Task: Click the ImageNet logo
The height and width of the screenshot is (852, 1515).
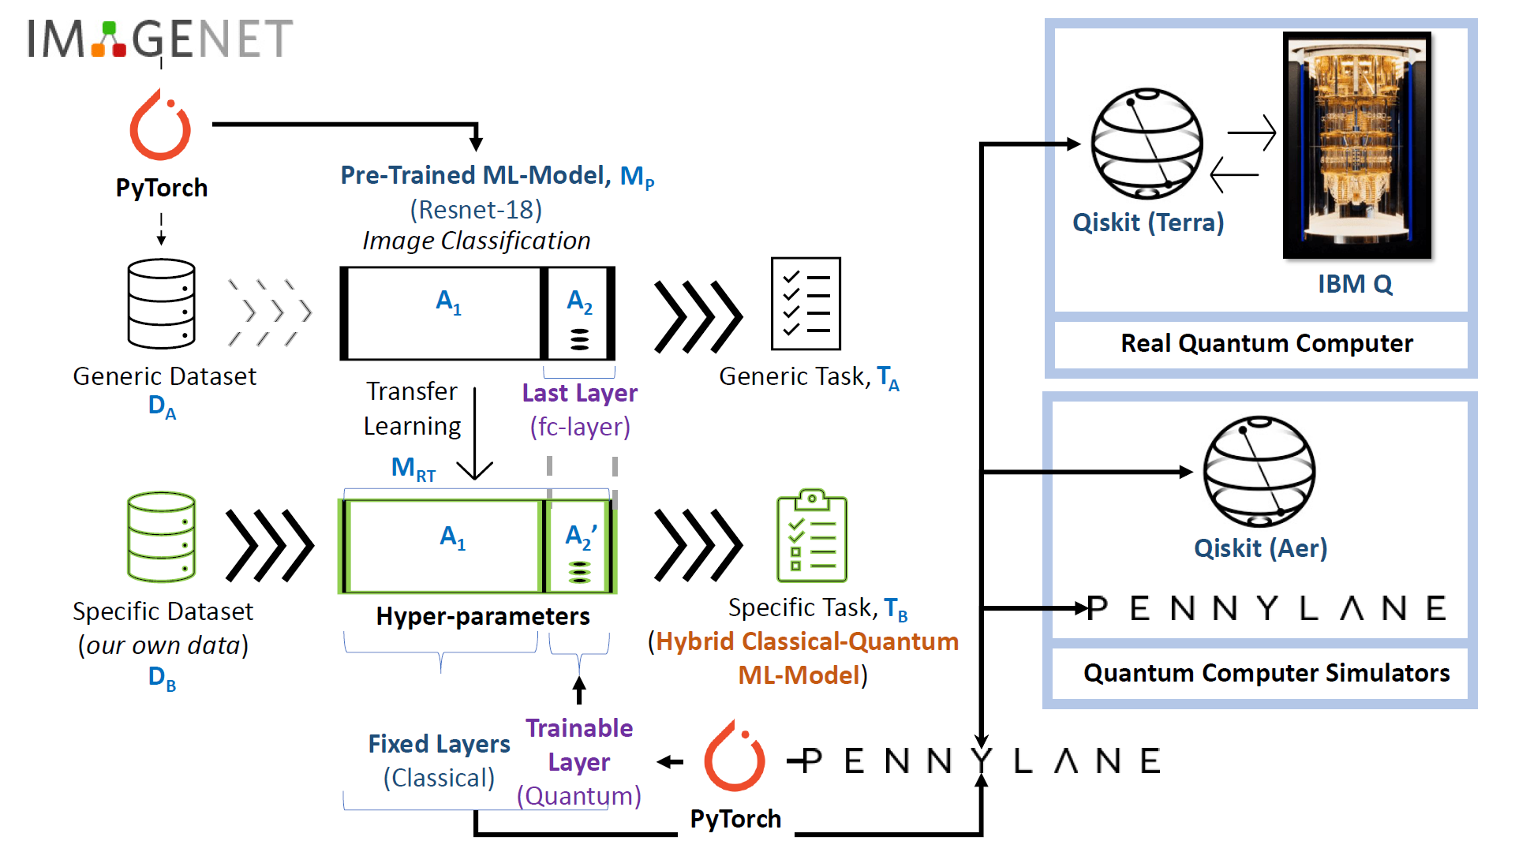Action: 160,39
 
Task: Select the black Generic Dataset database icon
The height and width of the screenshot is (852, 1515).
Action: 162,304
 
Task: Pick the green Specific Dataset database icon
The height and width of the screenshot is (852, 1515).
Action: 162,537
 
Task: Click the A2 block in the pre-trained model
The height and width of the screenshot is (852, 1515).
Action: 579,314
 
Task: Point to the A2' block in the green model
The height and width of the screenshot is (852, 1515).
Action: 580,547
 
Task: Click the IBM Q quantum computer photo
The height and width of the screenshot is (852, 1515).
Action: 1356,145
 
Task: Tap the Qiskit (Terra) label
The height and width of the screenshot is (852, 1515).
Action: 1148,222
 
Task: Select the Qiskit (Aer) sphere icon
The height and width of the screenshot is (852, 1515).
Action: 1259,472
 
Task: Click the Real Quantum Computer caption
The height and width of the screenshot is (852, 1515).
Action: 1266,343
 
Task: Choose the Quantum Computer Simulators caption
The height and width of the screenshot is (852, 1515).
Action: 1266,673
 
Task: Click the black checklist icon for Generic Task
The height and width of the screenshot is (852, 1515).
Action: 806,304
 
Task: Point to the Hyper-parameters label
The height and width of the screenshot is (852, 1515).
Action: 483,616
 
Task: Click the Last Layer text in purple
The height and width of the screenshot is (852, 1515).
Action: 580,393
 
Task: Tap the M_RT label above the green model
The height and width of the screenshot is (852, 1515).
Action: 413,469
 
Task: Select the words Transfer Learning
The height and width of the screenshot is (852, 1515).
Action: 412,409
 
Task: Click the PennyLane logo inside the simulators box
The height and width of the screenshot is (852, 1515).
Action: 1266,608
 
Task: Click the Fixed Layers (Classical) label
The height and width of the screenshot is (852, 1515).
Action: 440,760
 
